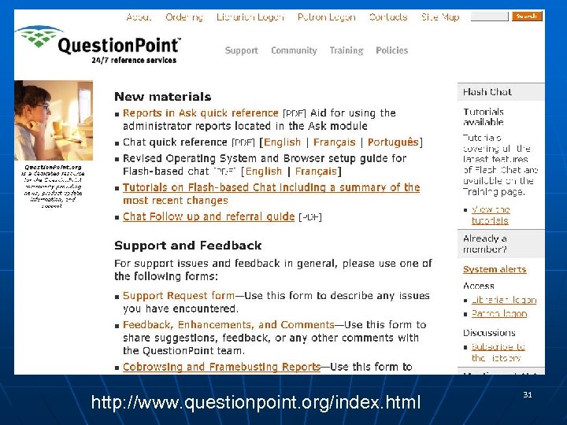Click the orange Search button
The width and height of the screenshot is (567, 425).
(527, 16)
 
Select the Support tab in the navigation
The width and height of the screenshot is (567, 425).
(241, 50)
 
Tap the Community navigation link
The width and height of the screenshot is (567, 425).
(294, 50)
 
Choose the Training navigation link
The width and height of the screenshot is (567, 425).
(346, 50)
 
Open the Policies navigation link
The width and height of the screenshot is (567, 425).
(392, 50)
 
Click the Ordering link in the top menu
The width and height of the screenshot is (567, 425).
(184, 17)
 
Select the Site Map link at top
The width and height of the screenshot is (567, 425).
(440, 17)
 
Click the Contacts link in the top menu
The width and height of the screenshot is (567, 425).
(388, 17)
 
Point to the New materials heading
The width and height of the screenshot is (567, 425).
(162, 97)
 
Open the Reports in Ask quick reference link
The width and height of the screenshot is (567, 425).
(201, 113)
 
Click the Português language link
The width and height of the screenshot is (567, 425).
(393, 142)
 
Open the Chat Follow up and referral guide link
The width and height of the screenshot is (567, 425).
(209, 216)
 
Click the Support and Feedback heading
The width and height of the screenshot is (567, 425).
(187, 246)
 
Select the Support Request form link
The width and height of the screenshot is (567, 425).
(179, 296)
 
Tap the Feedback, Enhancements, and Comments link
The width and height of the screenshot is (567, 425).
(228, 324)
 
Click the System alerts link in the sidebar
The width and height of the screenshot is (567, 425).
(495, 269)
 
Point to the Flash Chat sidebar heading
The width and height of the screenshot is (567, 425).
(487, 92)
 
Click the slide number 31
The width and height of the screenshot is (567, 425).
(527, 394)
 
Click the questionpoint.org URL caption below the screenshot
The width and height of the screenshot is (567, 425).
(256, 403)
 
